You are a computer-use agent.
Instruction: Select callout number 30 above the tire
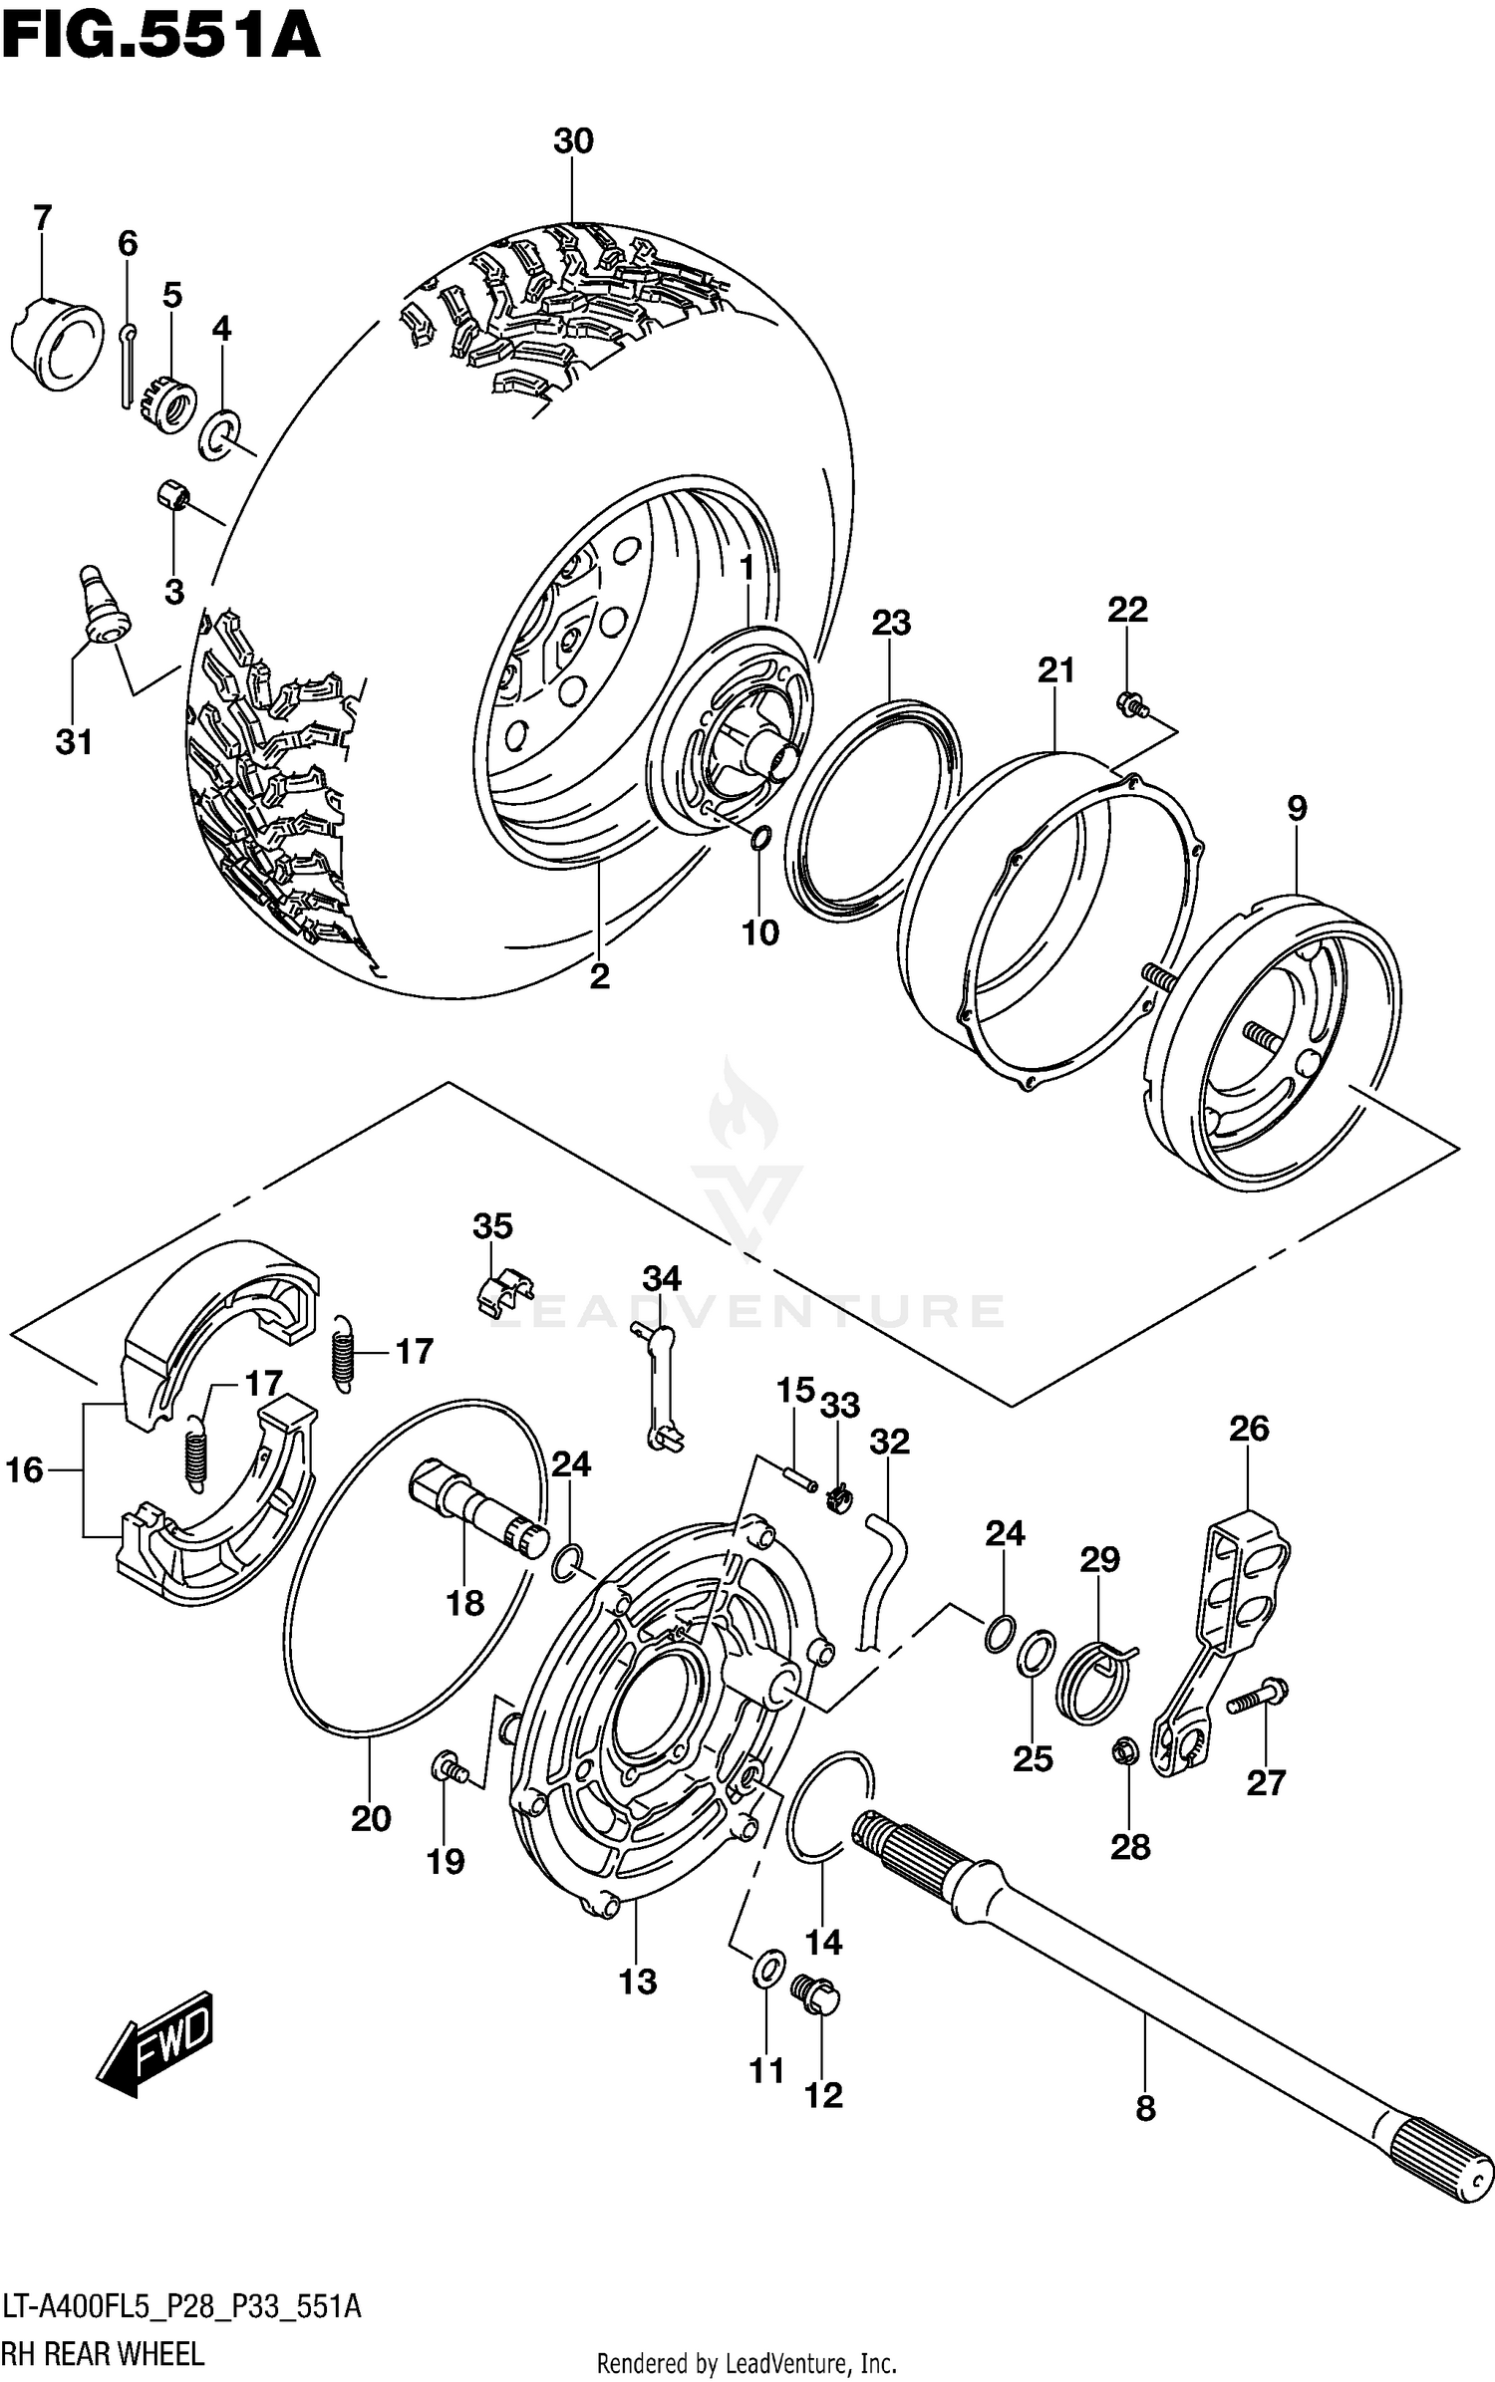[573, 141]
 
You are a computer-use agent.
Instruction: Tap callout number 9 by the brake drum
[1296, 808]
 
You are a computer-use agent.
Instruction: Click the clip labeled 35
[502, 1294]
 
